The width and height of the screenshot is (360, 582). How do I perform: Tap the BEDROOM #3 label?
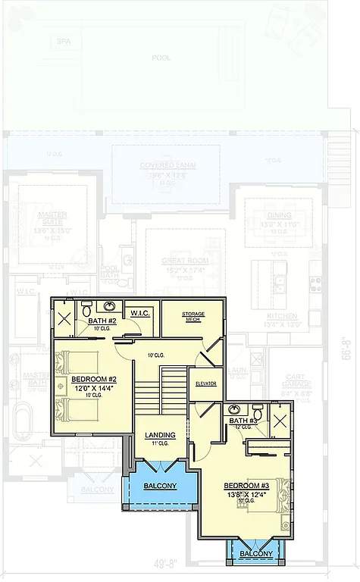(x=246, y=485)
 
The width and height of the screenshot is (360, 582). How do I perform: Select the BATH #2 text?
(x=101, y=321)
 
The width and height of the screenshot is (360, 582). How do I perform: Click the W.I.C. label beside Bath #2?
(x=140, y=313)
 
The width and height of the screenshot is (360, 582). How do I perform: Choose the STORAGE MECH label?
(x=194, y=316)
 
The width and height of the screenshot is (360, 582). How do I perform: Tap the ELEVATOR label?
(x=205, y=383)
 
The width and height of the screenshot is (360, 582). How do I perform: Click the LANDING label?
(x=160, y=434)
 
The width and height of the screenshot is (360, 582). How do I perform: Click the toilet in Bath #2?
(x=87, y=308)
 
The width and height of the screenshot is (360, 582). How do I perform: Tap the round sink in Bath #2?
(x=111, y=307)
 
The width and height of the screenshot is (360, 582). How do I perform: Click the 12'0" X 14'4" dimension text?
(x=92, y=388)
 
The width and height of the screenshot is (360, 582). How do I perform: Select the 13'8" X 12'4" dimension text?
(x=246, y=494)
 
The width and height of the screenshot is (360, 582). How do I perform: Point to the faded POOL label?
(x=161, y=58)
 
